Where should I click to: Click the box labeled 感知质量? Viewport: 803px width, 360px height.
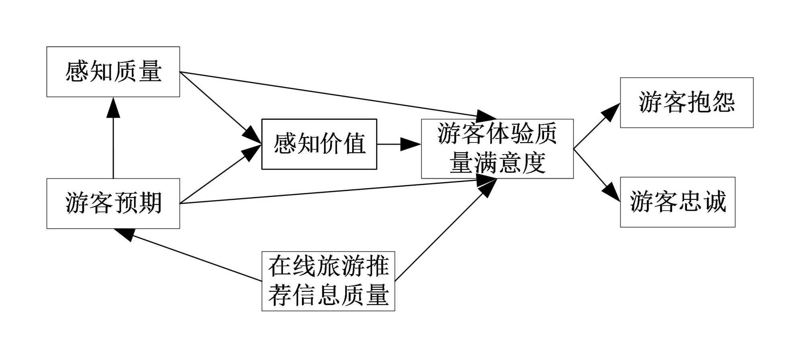point(113,71)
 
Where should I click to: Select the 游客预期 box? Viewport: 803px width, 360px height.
point(113,203)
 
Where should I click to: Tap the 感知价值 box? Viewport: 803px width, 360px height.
point(319,144)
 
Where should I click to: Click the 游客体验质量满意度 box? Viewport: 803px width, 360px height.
point(497,148)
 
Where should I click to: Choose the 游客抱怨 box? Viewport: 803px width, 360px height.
point(686,102)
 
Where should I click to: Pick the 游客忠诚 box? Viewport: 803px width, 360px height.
point(677,202)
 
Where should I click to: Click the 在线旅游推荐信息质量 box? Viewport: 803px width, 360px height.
point(328,281)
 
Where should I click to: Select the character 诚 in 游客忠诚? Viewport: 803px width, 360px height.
point(715,202)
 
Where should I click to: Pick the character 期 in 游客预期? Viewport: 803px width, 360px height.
point(150,203)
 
